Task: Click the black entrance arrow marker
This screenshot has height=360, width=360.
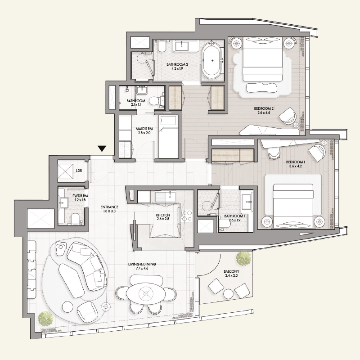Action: pyautogui.click(x=102, y=148)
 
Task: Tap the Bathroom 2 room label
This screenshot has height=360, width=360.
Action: pyautogui.click(x=177, y=66)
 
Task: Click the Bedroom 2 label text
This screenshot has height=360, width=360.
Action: pyautogui.click(x=264, y=110)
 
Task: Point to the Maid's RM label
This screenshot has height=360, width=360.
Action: pyautogui.click(x=144, y=131)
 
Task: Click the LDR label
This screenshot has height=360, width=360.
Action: pyautogui.click(x=79, y=171)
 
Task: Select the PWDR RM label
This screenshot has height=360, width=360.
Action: pyautogui.click(x=80, y=198)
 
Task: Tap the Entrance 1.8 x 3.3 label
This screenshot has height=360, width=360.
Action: pyautogui.click(x=109, y=209)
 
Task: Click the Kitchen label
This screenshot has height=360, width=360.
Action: pyautogui.click(x=163, y=217)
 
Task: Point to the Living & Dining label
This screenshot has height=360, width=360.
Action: pyautogui.click(x=142, y=266)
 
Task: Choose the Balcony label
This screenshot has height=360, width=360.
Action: pyautogui.click(x=231, y=274)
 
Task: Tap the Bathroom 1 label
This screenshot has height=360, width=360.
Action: pyautogui.click(x=234, y=218)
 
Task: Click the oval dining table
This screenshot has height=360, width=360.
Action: pyautogui.click(x=145, y=293)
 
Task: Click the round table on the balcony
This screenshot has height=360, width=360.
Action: pyautogui.click(x=228, y=294)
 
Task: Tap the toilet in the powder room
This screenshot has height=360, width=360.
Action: pyautogui.click(x=75, y=219)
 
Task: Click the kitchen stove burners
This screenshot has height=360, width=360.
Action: pyautogui.click(x=186, y=216)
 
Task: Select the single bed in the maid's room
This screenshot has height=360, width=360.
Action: pyautogui.click(x=168, y=137)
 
